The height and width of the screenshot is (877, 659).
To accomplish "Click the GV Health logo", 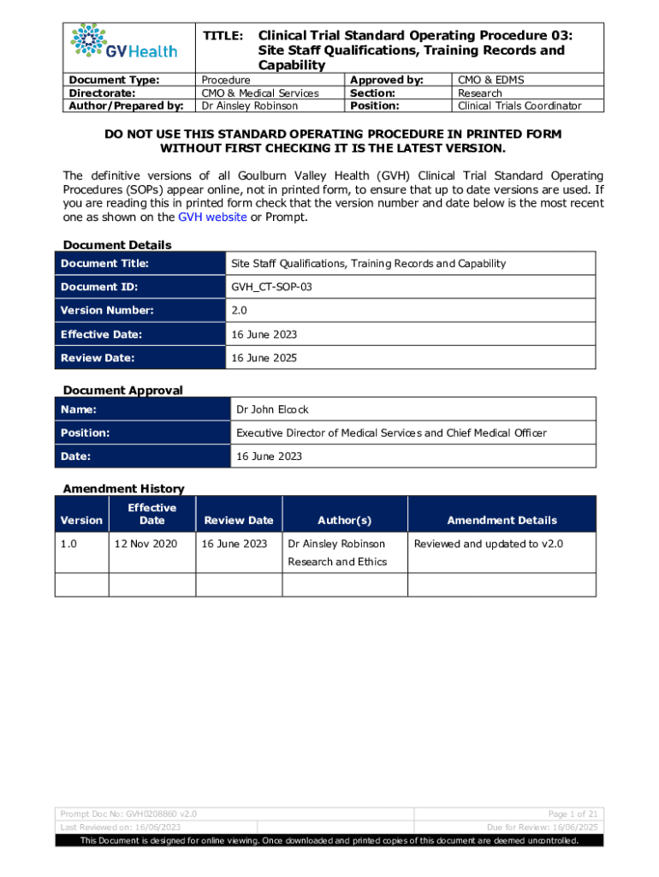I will [125, 43].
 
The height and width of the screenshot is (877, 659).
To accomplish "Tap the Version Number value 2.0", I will [240, 311].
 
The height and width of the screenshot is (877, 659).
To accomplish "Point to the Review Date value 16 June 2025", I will [264, 358].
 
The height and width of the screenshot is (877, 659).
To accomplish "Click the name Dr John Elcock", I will [272, 409].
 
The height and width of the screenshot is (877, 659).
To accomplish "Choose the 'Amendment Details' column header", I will [502, 520].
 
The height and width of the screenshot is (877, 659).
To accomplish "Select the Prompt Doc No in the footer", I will [128, 813].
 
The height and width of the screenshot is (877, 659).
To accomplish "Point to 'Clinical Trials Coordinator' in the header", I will [519, 106].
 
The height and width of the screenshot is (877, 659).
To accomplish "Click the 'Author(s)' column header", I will [344, 520].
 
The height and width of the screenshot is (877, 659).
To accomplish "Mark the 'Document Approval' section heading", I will [122, 390].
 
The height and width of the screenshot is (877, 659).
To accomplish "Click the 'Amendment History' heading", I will [123, 488].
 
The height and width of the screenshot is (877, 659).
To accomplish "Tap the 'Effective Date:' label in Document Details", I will [101, 334].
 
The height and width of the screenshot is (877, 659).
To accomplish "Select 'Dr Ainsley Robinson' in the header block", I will [249, 106].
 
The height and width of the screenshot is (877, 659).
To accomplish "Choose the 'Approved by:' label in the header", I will [387, 80].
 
